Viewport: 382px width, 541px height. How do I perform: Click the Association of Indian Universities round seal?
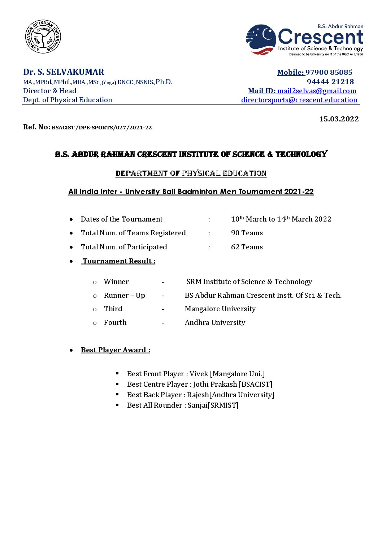pos(43,37)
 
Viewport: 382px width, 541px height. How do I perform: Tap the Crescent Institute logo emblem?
pos(261,39)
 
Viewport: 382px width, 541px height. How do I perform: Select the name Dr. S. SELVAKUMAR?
pos(64,72)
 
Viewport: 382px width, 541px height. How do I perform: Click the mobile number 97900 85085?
pos(329,72)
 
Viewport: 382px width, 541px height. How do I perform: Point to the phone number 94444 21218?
pos(330,82)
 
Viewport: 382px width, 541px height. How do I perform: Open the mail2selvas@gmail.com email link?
pos(317,91)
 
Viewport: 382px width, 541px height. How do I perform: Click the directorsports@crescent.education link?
pos(299,100)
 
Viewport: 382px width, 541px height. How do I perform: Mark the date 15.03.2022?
pos(339,119)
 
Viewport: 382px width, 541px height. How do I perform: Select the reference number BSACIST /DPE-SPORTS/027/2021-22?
pos(102,128)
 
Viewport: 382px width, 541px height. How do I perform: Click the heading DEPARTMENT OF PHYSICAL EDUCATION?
pos(191,173)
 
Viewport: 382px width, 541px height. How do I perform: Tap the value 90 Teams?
pos(247,233)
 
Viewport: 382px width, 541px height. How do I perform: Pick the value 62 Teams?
pos(247,247)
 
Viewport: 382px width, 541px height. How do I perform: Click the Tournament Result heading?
pos(118,261)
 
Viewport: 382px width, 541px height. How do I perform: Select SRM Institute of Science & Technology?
pos(249,282)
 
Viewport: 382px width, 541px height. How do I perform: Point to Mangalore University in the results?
pos(220,309)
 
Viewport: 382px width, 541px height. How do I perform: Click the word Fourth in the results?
pos(115,322)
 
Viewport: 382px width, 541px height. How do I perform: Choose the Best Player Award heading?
pos(115,350)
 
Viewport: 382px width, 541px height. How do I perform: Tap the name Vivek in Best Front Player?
pos(199,374)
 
